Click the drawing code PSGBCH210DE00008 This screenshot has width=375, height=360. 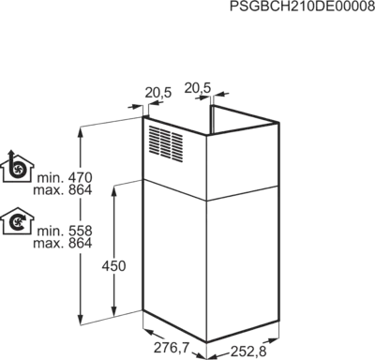[302, 7]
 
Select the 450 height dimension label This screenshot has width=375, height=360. [114, 266]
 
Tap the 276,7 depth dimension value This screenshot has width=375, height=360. [172, 348]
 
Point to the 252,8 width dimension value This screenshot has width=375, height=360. [248, 352]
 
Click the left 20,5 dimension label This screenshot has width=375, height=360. [158, 93]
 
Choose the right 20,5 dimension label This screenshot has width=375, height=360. [198, 88]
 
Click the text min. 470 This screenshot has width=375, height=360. [65, 178]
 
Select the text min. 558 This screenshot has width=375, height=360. [65, 232]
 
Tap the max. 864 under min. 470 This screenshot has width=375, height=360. [63, 190]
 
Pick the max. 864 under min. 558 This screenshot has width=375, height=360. [63, 243]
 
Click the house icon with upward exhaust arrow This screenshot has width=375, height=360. [17, 166]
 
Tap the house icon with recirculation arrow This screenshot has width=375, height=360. [18, 221]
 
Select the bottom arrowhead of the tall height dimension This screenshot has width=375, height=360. [81, 320]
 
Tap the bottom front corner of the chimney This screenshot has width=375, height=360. [206, 342]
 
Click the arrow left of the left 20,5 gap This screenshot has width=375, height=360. [135, 107]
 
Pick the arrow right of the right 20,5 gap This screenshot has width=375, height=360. [221, 94]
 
